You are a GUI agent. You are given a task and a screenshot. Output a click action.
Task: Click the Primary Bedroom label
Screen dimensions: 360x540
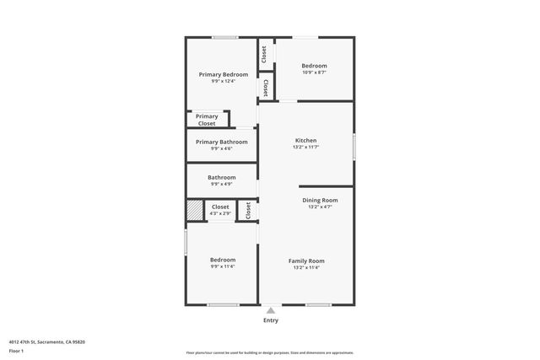(x=224, y=74)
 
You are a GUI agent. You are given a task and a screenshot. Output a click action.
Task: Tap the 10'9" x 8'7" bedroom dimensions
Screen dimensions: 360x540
(x=314, y=73)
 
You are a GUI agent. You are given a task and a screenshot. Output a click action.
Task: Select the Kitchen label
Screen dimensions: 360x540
(x=305, y=140)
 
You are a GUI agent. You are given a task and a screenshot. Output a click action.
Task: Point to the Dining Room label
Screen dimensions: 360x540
(x=320, y=200)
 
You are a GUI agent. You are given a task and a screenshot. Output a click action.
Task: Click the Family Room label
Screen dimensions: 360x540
(x=306, y=261)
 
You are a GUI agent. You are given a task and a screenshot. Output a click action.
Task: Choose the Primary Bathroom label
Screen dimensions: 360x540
(x=222, y=142)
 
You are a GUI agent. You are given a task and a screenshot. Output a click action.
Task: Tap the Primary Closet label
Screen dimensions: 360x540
(x=207, y=120)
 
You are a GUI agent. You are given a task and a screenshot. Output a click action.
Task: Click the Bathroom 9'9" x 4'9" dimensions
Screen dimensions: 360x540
(x=222, y=184)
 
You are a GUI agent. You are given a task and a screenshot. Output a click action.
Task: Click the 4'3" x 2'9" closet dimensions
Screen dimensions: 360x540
(x=220, y=213)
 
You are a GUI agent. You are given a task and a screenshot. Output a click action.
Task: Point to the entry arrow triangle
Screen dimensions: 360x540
(x=271, y=310)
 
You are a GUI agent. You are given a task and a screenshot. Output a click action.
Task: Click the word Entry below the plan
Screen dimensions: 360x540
(x=271, y=320)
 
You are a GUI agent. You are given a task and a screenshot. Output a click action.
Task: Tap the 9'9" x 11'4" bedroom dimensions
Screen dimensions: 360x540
(x=223, y=266)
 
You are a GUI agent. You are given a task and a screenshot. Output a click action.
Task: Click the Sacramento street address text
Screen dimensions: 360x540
(x=47, y=341)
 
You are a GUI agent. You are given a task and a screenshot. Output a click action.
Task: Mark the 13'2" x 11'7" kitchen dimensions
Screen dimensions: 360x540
(x=305, y=147)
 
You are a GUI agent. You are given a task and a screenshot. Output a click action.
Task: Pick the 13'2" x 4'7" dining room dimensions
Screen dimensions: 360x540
(x=320, y=207)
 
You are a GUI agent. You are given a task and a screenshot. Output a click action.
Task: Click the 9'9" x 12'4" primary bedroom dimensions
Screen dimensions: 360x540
(x=224, y=81)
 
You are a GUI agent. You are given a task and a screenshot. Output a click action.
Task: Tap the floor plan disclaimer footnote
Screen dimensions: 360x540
(x=270, y=352)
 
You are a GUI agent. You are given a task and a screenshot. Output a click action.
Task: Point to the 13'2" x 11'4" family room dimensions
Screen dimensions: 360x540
(x=306, y=267)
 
